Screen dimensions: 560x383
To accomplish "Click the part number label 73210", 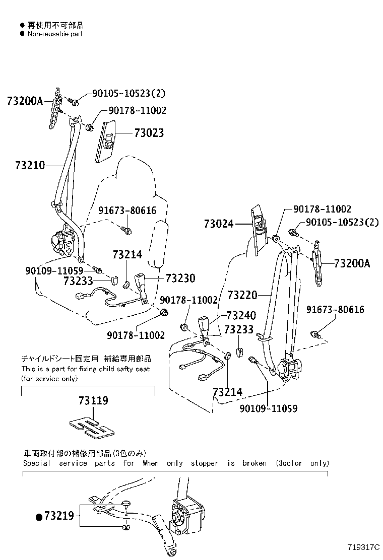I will tap(30, 165).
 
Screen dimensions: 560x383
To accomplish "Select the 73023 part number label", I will tap(149, 133).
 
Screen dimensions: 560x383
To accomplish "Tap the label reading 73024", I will tap(219, 223).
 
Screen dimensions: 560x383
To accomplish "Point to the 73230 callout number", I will tap(179, 278).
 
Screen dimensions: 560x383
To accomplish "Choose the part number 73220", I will tap(242, 294).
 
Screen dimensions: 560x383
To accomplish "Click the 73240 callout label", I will tap(241, 316).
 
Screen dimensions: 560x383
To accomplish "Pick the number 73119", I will tap(93, 401).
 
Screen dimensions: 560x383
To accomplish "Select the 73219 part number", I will tap(59, 516).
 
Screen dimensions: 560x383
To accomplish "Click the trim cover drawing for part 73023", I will tap(107, 141).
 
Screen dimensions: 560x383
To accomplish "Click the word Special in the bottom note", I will tap(37, 463).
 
